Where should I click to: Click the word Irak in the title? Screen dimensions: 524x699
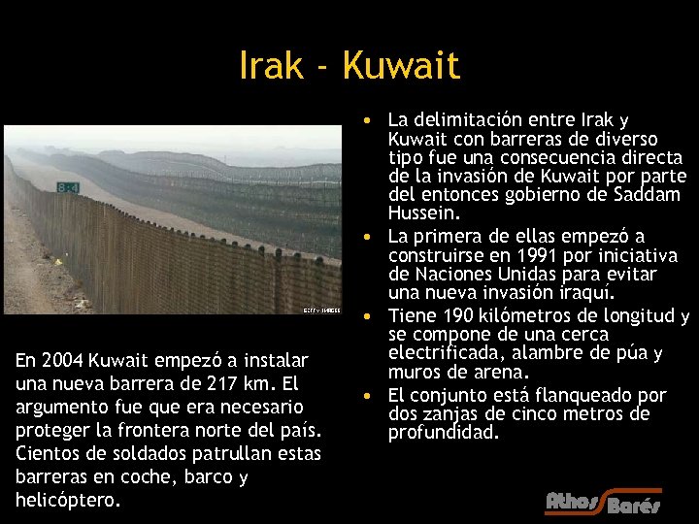271,66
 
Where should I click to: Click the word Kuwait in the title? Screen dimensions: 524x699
402,66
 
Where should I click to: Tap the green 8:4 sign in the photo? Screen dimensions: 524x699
69,187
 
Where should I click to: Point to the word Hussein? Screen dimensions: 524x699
424,213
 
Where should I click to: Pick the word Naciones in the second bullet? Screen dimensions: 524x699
449,274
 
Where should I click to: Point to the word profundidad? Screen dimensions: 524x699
443,433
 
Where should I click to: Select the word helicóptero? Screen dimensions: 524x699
68,500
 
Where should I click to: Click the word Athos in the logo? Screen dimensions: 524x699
574,502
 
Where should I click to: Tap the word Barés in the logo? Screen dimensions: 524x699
633,506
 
